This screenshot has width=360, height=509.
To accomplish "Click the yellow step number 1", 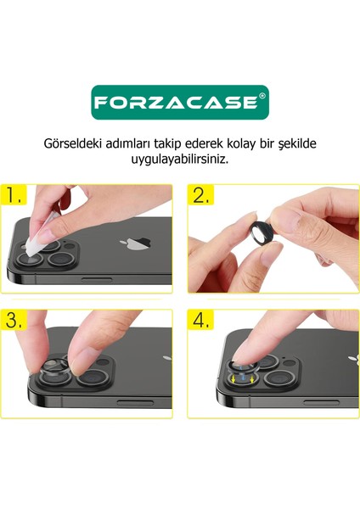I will [16, 198].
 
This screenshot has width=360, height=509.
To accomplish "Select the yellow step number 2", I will [201, 197].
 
